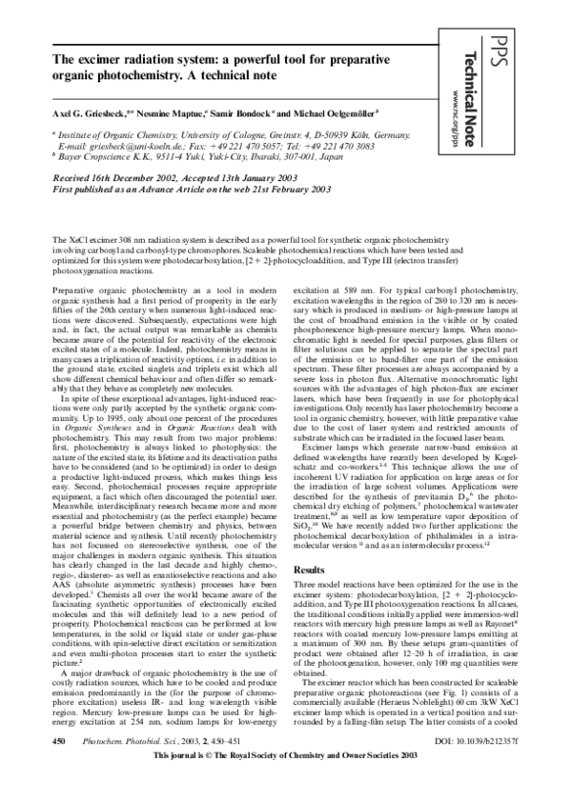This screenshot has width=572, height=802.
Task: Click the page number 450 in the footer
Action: click(59, 765)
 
